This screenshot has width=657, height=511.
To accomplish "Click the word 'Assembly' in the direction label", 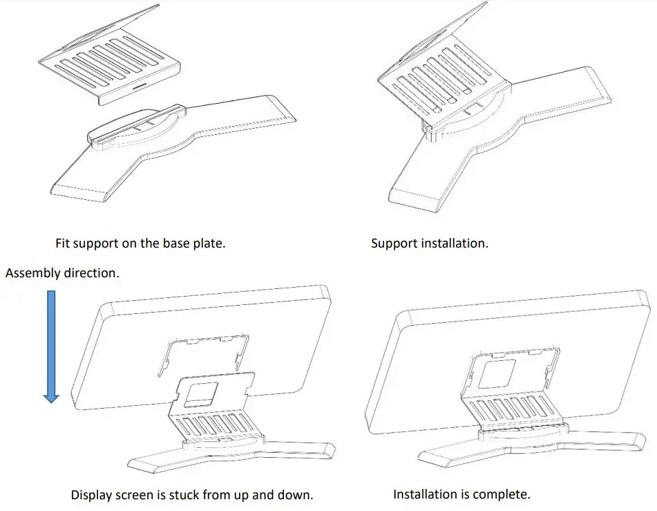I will [x=32, y=273].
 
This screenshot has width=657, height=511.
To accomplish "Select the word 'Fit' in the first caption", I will [x=64, y=244].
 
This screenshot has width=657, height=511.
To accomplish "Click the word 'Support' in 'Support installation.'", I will [x=394, y=244].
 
